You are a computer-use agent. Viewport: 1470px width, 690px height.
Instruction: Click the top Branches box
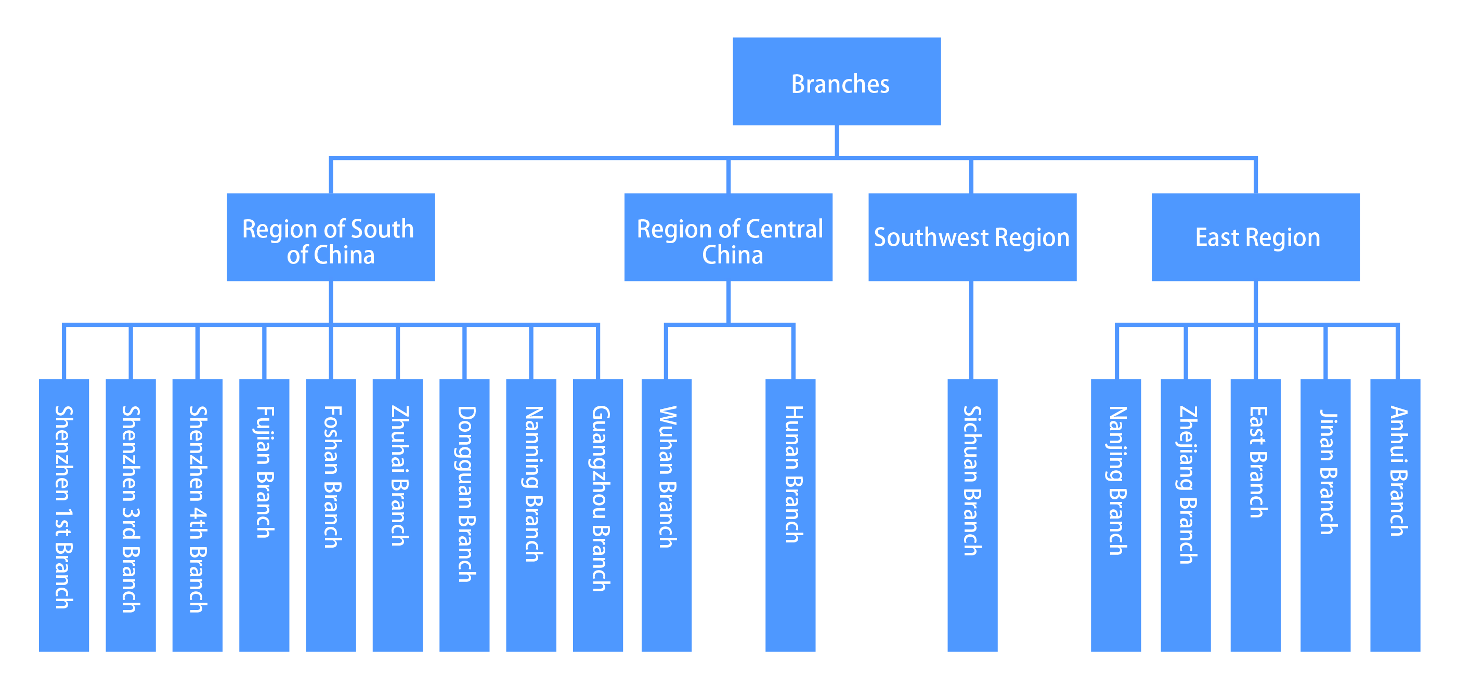click(837, 82)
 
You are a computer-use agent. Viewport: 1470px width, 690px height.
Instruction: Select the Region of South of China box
click(331, 237)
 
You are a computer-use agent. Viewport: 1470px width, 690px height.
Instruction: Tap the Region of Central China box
click(728, 237)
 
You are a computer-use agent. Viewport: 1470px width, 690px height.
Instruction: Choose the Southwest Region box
click(972, 237)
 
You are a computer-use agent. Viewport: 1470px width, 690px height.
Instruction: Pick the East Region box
click(1255, 237)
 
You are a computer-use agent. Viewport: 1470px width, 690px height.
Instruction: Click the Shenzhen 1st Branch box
click(64, 514)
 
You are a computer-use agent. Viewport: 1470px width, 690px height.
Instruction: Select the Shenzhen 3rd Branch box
click(131, 514)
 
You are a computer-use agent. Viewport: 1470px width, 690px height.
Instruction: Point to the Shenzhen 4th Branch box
click(198, 514)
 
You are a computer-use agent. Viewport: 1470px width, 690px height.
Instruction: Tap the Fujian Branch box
click(264, 514)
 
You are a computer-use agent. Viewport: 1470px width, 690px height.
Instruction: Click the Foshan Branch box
click(331, 514)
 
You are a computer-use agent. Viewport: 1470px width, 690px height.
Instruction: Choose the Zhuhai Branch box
click(398, 514)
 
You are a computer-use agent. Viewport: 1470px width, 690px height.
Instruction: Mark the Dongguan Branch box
click(464, 514)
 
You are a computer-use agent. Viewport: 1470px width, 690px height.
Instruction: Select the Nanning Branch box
click(531, 514)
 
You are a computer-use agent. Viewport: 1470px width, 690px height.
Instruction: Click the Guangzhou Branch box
click(598, 514)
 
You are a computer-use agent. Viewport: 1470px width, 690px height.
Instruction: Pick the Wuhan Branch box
click(667, 514)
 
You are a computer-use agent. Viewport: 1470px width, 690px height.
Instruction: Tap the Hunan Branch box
click(790, 514)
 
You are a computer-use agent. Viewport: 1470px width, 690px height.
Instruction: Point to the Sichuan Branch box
click(972, 514)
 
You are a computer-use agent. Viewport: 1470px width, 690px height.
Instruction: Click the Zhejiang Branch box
click(1186, 514)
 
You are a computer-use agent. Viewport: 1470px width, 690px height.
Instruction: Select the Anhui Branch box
click(1395, 514)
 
